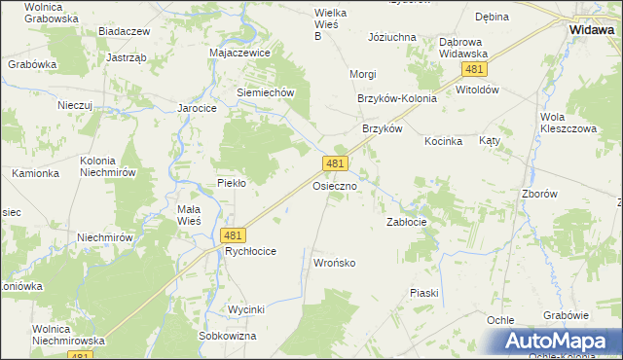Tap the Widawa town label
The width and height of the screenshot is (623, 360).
[591, 30]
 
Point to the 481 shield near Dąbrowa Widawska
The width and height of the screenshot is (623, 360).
[475, 70]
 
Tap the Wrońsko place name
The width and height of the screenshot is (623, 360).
[335, 264]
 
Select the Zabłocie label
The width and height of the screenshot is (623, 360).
[407, 222]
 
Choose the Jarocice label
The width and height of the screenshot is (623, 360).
[196, 108]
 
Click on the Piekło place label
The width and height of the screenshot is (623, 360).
[231, 182]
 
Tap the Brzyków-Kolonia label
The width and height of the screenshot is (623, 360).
[397, 98]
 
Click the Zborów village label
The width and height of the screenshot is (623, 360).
[566, 194]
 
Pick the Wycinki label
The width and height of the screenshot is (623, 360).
[246, 309]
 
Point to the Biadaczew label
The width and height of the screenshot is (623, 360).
[125, 31]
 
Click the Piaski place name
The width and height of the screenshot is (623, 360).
[424, 293]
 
